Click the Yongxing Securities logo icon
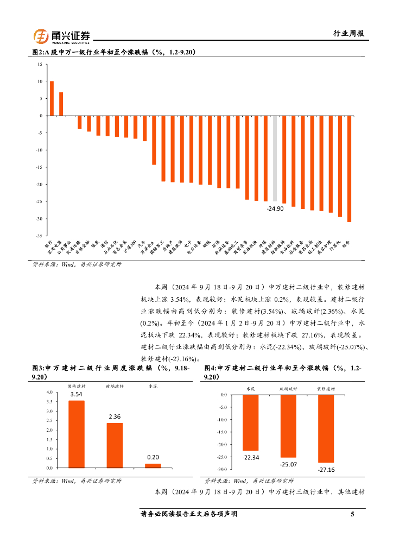41,36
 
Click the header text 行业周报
348,34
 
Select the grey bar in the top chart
275,159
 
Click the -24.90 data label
275,208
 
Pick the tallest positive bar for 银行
52,98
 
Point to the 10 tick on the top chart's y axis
39,81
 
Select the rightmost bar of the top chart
350,168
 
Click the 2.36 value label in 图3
114,416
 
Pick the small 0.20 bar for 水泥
153,465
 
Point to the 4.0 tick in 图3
49,392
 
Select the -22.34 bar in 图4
250,422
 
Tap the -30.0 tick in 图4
220,469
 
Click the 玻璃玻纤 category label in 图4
288,389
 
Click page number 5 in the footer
352,514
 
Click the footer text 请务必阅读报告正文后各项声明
189,514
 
